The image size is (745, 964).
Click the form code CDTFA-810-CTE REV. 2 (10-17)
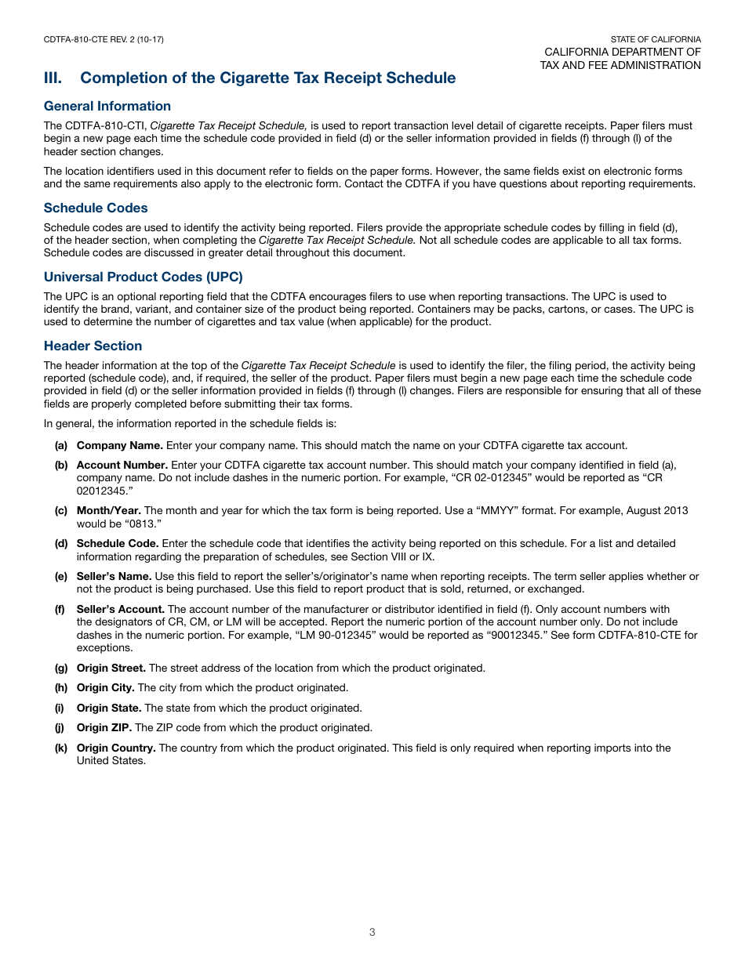tap(104, 39)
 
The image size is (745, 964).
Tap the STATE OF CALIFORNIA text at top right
tap(656, 39)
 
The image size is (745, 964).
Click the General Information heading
tap(107, 106)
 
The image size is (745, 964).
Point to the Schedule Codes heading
tap(96, 208)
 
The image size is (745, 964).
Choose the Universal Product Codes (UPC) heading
tap(144, 277)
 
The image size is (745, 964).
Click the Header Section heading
tap(93, 346)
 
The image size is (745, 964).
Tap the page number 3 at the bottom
tap(372, 932)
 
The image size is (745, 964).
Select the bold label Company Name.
tap(119, 445)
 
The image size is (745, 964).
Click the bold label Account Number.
tap(122, 465)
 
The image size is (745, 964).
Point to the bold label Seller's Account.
tap(120, 609)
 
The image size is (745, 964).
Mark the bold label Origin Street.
tap(111, 668)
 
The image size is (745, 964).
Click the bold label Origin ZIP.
tap(104, 727)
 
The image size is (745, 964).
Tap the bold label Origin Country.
tap(115, 748)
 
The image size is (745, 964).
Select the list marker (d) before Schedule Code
tap(60, 543)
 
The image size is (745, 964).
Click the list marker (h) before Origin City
tap(60, 687)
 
